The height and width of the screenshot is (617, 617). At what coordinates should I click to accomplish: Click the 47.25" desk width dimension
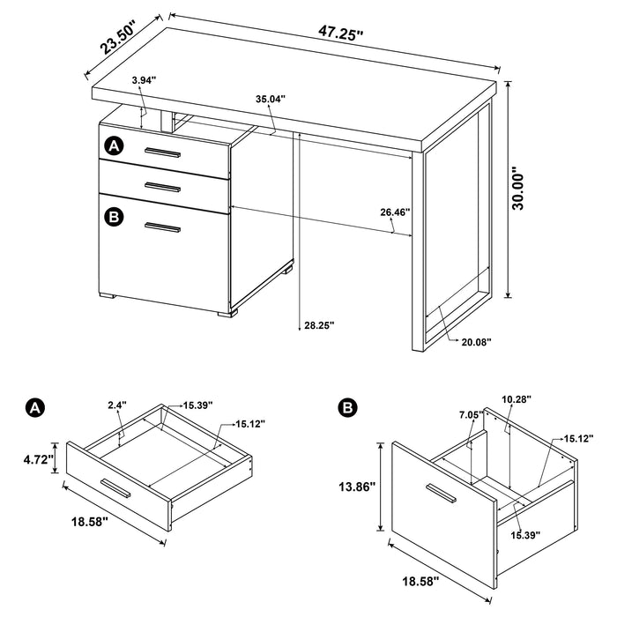click(x=341, y=33)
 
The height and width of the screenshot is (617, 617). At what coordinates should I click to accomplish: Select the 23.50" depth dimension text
click(x=122, y=41)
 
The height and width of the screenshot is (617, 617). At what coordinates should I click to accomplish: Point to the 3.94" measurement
click(x=143, y=80)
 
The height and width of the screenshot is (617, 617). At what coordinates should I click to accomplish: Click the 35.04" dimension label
click(x=270, y=100)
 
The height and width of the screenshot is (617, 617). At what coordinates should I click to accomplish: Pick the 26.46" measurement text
click(x=396, y=212)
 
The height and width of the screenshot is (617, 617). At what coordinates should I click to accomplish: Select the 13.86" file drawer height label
click(x=356, y=487)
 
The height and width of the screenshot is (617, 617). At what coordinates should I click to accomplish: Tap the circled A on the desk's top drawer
click(x=114, y=145)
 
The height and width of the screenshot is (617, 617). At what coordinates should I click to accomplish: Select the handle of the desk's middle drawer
click(x=162, y=185)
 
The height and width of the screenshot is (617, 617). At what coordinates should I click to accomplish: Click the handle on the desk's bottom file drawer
click(x=162, y=229)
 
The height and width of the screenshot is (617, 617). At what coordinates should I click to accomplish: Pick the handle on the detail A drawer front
click(x=115, y=487)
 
